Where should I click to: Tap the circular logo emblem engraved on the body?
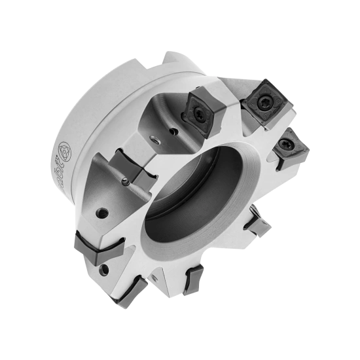pyautogui.click(x=65, y=150)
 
